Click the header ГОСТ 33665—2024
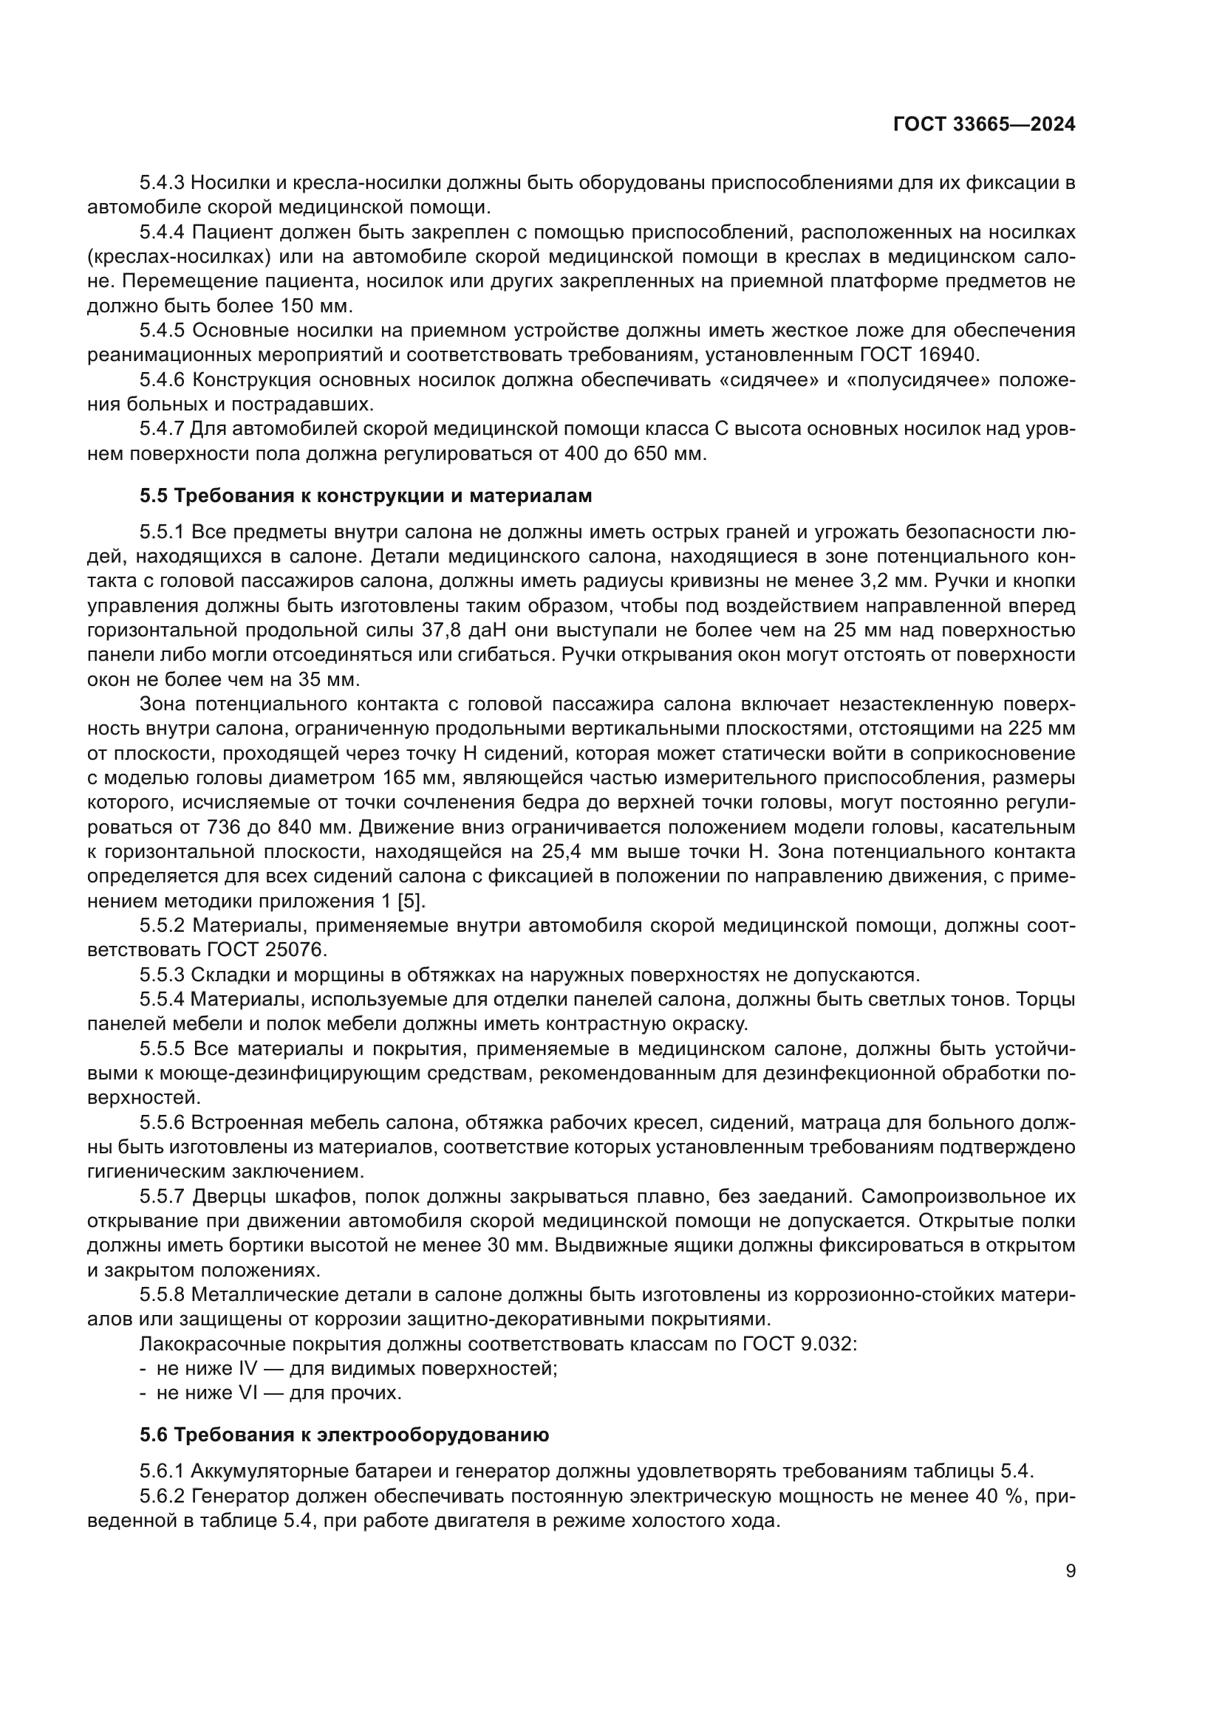pyautogui.click(x=983, y=125)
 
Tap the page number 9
pyautogui.click(x=1071, y=1571)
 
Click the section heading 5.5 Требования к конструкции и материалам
pyautogui.click(x=366, y=495)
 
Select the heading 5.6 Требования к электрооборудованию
pyautogui.click(x=344, y=1435)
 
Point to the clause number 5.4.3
pyautogui.click(x=161, y=182)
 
